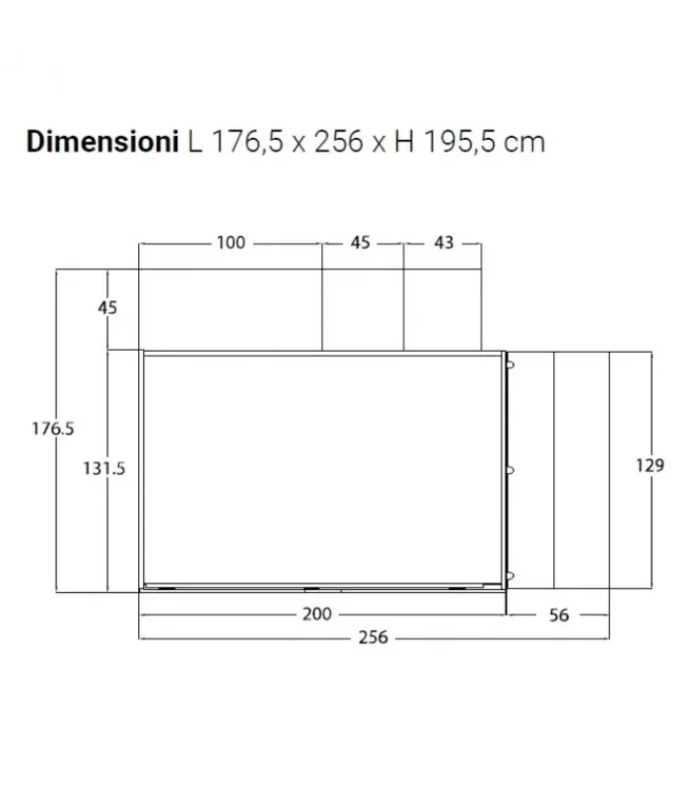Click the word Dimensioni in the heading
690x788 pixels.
(103, 142)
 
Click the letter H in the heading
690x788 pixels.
(404, 142)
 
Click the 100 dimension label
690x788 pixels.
(231, 242)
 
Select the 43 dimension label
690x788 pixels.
(444, 242)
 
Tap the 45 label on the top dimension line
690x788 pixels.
(360, 242)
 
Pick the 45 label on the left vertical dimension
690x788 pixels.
(107, 307)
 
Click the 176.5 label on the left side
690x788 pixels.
(53, 428)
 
